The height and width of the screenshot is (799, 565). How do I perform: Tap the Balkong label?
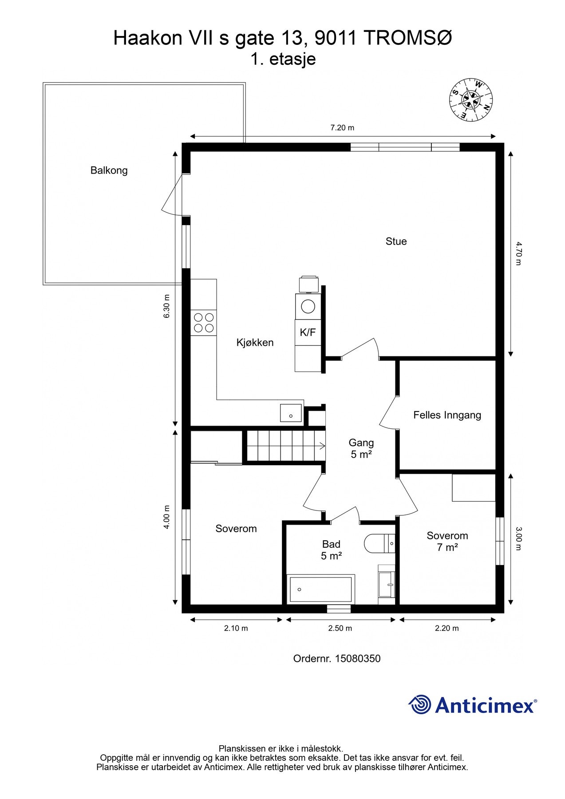109,170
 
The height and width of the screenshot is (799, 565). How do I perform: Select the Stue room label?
396,241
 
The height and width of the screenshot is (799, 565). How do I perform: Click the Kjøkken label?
255,343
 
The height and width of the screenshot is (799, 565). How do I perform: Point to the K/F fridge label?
308,332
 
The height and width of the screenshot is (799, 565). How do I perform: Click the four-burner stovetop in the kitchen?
204,323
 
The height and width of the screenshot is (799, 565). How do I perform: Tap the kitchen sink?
291,413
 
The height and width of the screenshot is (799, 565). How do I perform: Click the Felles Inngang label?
447,415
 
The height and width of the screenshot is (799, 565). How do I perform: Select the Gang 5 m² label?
361,448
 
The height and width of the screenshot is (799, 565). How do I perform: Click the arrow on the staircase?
320,446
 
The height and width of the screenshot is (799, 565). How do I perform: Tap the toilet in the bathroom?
379,543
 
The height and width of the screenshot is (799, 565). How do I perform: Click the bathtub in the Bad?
321,589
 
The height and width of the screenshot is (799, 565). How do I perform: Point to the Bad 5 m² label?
331,550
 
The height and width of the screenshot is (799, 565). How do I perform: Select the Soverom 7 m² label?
447,542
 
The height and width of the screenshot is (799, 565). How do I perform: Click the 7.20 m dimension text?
342,128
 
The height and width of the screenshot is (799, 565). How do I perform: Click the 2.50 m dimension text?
340,628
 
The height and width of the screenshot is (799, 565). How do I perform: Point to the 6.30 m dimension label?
167,306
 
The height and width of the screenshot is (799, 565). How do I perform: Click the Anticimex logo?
473,705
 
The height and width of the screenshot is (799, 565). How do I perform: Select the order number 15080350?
358,659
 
